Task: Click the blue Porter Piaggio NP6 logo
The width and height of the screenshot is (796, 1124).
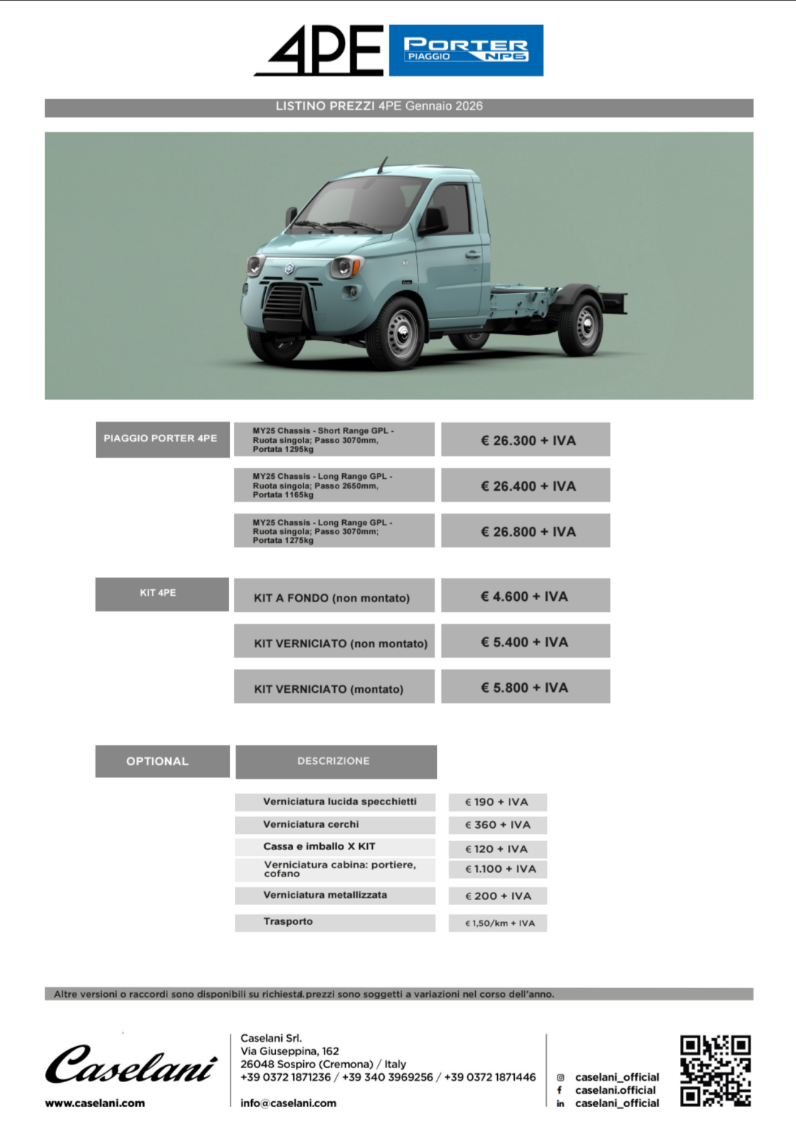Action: pos(466,50)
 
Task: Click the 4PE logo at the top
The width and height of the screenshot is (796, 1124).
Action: pos(320,50)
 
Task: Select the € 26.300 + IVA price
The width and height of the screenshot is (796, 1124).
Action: pos(526,440)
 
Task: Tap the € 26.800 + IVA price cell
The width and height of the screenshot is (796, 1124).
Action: pos(526,531)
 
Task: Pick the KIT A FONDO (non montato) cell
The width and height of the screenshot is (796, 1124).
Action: pos(334,597)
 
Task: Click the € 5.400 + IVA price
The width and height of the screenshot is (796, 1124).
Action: pos(526,641)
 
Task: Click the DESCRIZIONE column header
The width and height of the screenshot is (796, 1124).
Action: pos(336,761)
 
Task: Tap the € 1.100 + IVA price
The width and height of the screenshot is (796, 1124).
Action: pos(498,869)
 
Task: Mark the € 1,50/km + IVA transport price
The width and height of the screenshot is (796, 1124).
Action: pos(498,923)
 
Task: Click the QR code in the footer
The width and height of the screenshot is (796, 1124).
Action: pos(714,1070)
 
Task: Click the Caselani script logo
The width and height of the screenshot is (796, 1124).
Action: pos(131,1064)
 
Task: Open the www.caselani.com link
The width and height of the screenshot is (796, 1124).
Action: pos(95,1103)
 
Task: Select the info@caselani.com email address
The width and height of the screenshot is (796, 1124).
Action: pos(288,1103)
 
